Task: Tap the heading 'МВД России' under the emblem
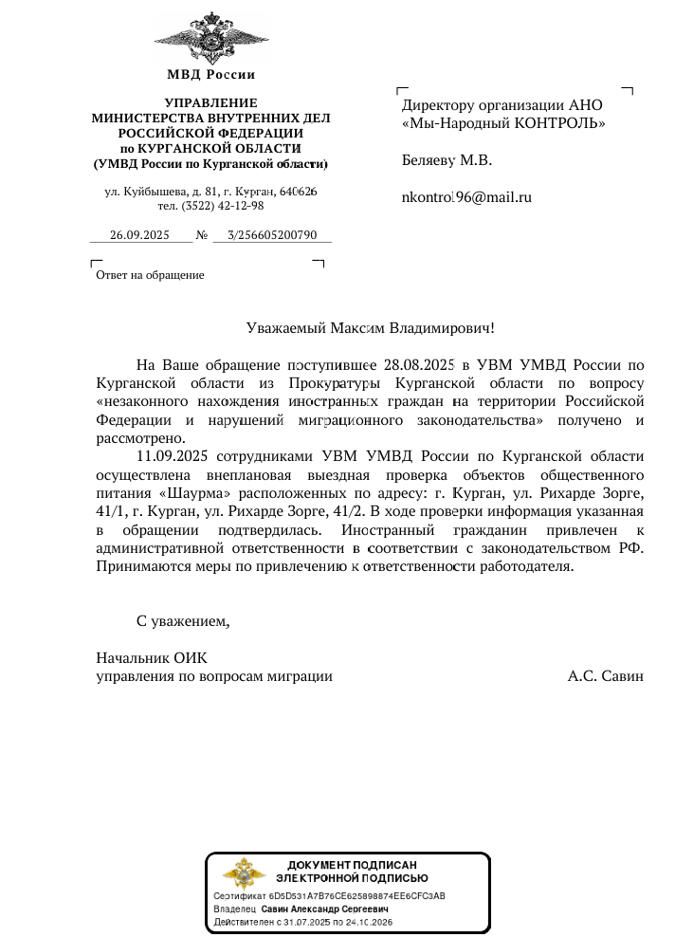point(210,75)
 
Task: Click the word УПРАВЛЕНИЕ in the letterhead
point(210,102)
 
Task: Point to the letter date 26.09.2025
point(139,235)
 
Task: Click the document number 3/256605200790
point(272,235)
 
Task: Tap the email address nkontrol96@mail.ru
point(466,197)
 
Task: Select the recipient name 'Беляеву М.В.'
point(447,160)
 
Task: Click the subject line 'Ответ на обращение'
point(150,275)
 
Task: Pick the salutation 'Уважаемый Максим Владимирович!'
point(371,329)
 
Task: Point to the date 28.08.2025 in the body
point(421,364)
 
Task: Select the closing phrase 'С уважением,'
point(184,622)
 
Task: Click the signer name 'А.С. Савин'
point(606,677)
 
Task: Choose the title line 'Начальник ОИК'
point(152,658)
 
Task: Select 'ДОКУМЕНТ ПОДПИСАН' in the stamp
point(352,864)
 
